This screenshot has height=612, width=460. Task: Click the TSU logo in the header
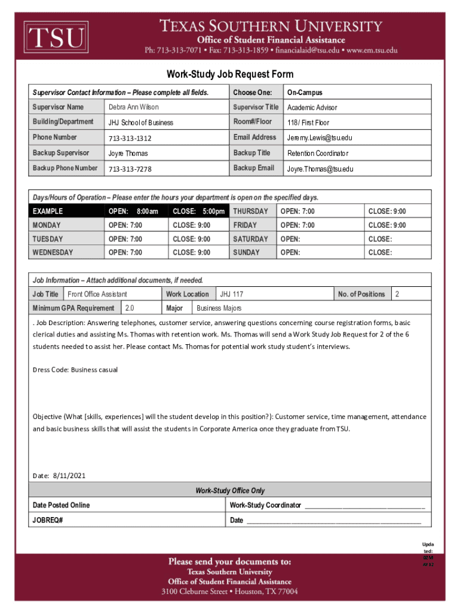[56, 38]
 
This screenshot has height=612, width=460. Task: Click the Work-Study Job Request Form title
[230, 75]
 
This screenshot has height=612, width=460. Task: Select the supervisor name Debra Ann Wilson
[134, 108]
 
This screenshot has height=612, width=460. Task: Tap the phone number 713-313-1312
[130, 138]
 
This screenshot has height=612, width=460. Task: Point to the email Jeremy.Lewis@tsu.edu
[320, 138]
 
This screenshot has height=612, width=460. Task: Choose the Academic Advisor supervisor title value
[312, 108]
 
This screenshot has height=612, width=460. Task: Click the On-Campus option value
[305, 93]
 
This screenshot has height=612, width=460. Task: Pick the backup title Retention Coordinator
[317, 154]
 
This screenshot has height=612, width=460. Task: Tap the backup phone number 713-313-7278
[130, 169]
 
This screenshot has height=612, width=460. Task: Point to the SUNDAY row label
[246, 253]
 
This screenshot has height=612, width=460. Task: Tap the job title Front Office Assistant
[97, 294]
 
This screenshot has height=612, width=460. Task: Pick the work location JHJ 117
[232, 294]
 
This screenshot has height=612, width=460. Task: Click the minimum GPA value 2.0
[129, 308]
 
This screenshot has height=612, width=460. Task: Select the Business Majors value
[219, 308]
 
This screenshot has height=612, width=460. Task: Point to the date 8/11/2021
[69, 476]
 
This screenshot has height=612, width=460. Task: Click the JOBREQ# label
[48, 520]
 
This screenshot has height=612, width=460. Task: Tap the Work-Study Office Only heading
[230, 491]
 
